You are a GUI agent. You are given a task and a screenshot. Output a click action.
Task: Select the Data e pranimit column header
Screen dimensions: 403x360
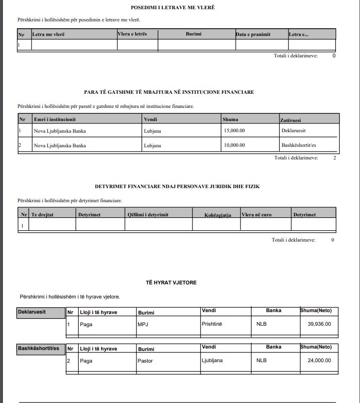(x=253, y=35)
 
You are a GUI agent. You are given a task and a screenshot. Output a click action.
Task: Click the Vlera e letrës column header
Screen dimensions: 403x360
(x=132, y=34)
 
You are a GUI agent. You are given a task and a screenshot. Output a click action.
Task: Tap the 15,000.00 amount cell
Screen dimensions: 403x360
(x=234, y=131)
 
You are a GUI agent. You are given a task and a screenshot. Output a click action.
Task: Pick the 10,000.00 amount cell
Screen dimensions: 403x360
(x=234, y=145)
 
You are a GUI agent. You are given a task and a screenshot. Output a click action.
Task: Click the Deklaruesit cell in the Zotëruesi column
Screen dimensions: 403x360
(x=294, y=131)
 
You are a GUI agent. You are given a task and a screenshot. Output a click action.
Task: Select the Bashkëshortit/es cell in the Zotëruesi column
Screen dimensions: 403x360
(x=302, y=145)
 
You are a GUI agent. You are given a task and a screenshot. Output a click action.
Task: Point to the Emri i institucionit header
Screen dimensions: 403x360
(x=55, y=120)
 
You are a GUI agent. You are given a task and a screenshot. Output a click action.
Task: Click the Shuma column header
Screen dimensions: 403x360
(x=230, y=120)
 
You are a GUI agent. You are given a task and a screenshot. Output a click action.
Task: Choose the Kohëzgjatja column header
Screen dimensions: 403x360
(x=218, y=215)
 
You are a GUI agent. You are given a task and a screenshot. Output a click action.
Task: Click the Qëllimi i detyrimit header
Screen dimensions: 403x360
(x=148, y=214)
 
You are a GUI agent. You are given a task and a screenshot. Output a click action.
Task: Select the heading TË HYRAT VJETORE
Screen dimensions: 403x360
(x=171, y=282)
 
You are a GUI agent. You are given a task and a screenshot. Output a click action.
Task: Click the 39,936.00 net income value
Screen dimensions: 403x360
(x=319, y=324)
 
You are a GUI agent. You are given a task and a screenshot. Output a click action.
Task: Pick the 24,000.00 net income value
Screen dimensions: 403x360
(x=319, y=361)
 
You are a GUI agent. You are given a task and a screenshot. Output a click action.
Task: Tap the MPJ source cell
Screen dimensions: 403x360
(x=143, y=324)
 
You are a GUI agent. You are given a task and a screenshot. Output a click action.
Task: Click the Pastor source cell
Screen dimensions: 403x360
(x=145, y=361)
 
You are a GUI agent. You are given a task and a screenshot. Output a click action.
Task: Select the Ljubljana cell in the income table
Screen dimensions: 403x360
(x=212, y=361)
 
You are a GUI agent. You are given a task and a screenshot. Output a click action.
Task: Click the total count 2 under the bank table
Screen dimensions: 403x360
(x=335, y=158)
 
